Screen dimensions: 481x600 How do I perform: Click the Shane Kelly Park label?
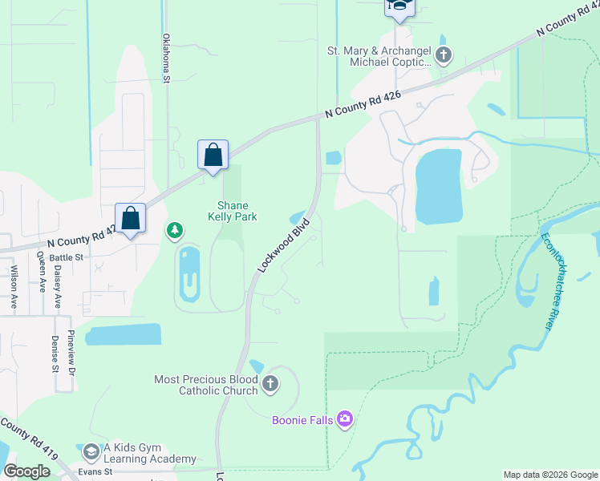point(232,211)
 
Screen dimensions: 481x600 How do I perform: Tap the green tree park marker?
point(174,232)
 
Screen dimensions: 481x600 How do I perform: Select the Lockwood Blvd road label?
point(284,248)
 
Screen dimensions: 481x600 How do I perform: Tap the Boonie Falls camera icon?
point(345,418)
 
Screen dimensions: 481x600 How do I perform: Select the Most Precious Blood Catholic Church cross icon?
point(270,384)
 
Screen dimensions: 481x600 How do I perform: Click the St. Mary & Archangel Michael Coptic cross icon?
point(444,56)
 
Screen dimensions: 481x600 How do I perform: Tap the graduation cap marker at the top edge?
point(397,7)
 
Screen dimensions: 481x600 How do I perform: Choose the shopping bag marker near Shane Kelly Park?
point(213,154)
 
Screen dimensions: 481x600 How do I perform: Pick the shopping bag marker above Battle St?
point(130,218)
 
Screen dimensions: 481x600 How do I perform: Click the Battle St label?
point(67,257)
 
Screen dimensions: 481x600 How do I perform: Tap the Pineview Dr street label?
point(71,354)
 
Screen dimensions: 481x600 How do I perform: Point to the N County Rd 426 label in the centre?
point(363,105)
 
